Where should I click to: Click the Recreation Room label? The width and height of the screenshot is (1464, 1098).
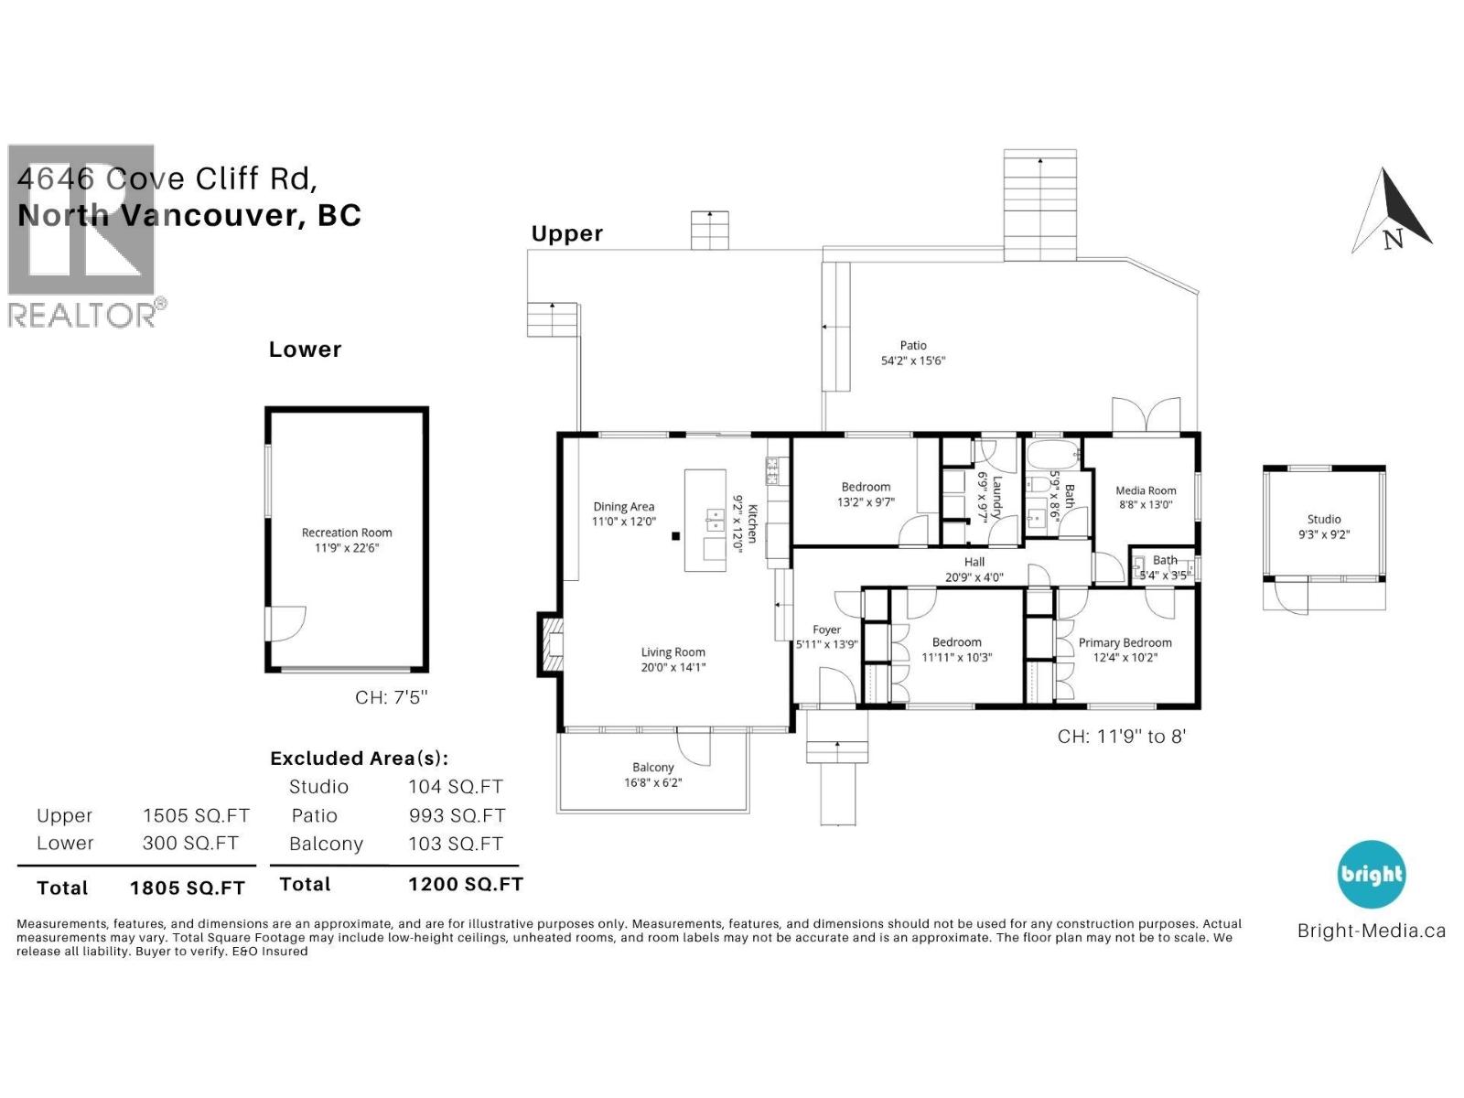click(346, 533)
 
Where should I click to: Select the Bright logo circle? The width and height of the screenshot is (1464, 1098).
click(1372, 874)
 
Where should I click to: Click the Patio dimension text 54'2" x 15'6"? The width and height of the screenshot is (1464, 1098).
click(912, 361)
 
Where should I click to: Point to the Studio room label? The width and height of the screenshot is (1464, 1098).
click(1323, 520)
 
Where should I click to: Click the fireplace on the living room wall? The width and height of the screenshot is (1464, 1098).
click(550, 645)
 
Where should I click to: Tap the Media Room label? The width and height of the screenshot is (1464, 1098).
click(1146, 490)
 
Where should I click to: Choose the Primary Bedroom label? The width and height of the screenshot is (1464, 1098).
click(1125, 642)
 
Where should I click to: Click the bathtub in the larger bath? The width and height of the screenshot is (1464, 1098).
click(1052, 455)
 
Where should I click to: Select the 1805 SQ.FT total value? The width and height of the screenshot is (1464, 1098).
click(188, 888)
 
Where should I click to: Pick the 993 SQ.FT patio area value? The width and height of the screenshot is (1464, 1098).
click(457, 815)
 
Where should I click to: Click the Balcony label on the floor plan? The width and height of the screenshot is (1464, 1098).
click(653, 768)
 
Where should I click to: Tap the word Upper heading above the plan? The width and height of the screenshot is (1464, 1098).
click(567, 234)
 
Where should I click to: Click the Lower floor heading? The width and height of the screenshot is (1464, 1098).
click(305, 350)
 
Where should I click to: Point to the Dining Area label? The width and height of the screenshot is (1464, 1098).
click(624, 507)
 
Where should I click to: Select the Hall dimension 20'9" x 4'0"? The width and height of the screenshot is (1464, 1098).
click(974, 577)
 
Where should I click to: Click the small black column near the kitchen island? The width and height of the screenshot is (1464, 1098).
click(675, 536)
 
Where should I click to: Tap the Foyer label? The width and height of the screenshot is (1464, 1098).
click(826, 630)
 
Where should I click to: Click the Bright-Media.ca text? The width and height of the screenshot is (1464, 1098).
click(1372, 931)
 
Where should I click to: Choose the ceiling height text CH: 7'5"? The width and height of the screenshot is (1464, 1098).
click(391, 697)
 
